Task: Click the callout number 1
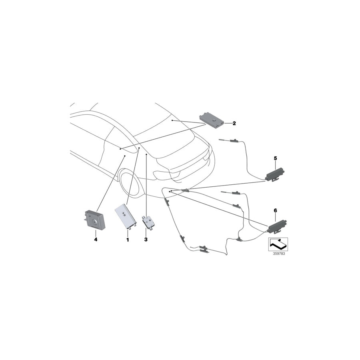pyautogui.click(x=128, y=240)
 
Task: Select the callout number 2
pyautogui.click(x=234, y=123)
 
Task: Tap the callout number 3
pyautogui.click(x=146, y=240)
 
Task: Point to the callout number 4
pyautogui.click(x=96, y=240)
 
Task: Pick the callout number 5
pyautogui.click(x=276, y=158)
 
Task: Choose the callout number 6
pyautogui.click(x=275, y=210)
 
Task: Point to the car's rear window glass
pyautogui.click(x=168, y=132)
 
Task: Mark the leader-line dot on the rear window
pyautogui.click(x=172, y=120)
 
